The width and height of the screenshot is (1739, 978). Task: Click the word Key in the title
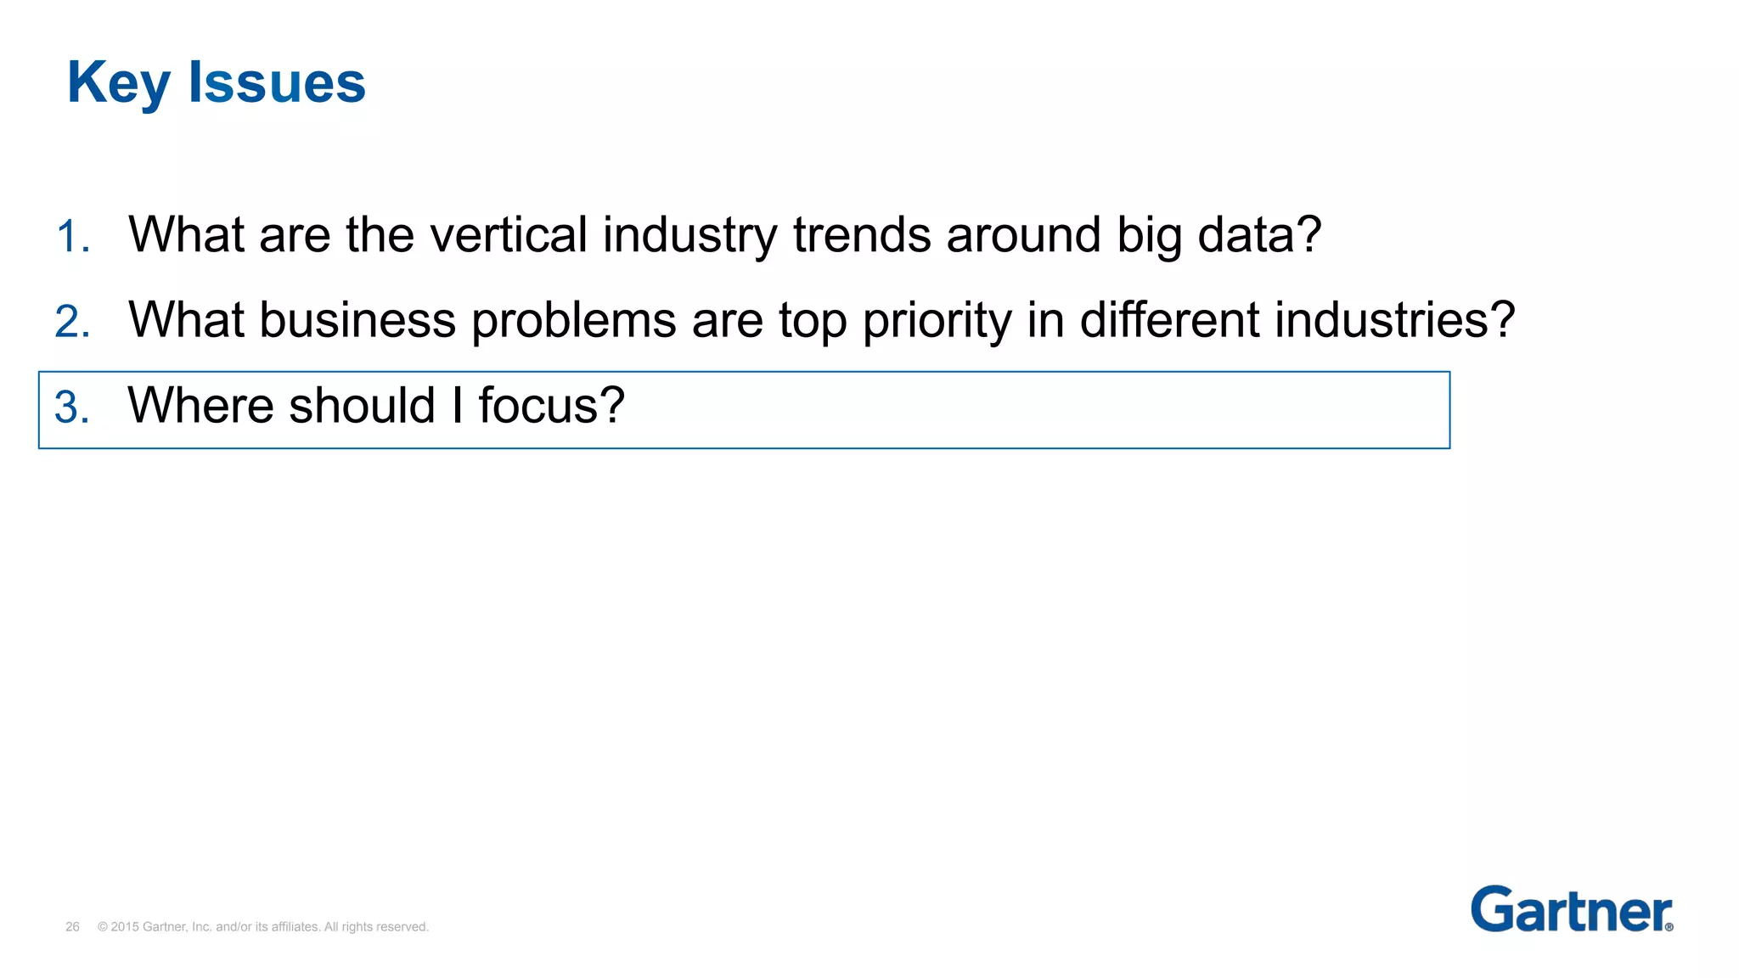[x=118, y=83]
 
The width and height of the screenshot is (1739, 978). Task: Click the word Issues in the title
[x=277, y=83]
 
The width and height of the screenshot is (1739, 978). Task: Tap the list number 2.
[x=72, y=322]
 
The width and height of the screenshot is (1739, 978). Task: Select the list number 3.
[x=72, y=407]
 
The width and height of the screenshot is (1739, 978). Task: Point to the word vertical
[x=509, y=234]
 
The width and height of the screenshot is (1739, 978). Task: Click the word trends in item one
[x=862, y=234]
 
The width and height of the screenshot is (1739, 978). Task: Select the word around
[x=1023, y=234]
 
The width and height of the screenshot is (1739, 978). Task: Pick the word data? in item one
[x=1259, y=234]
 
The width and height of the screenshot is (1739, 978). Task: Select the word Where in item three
[x=201, y=405]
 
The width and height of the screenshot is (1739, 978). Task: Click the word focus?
[x=551, y=405]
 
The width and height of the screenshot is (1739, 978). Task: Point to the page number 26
[x=72, y=927]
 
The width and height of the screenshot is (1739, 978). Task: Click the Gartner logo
[x=1571, y=909]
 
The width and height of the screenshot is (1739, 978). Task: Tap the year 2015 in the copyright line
[x=125, y=927]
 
